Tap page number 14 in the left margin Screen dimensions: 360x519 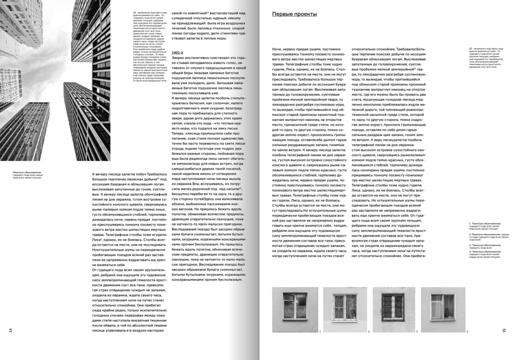coord(9,329)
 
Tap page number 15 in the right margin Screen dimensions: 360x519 coord(504,330)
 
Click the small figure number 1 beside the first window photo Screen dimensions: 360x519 coord(319,331)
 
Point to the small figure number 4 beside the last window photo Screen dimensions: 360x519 coord(468,331)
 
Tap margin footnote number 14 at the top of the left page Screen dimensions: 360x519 coord(134,12)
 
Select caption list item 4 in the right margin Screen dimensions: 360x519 coord(488,254)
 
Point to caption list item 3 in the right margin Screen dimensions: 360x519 coord(488,245)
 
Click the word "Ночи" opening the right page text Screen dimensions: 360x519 coord(276,49)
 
